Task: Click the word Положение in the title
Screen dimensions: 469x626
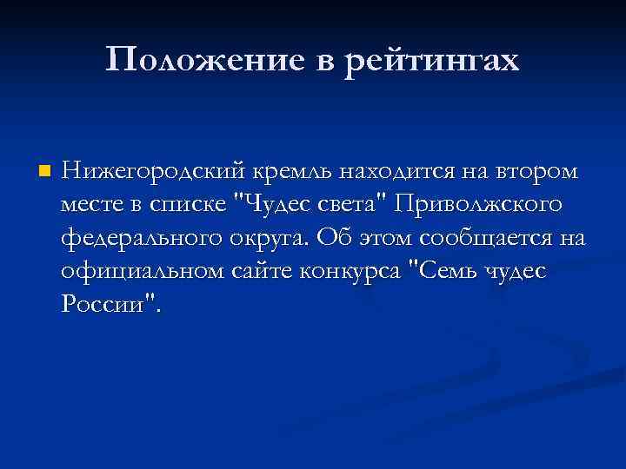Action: tap(195, 60)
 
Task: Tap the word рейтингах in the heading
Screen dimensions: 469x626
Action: tap(431, 61)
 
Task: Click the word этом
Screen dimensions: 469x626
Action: tap(375, 237)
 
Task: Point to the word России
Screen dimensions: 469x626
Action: tap(105, 303)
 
